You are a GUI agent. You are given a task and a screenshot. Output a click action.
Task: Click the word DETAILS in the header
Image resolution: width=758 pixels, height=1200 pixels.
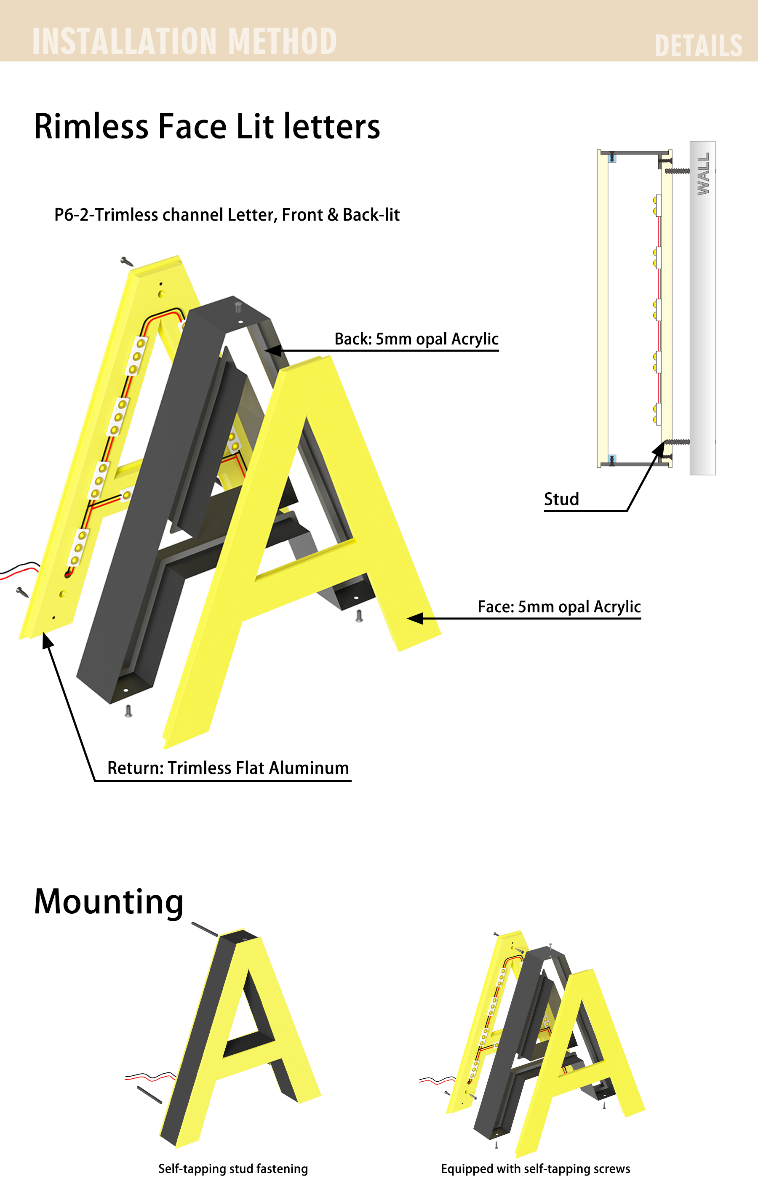point(698,45)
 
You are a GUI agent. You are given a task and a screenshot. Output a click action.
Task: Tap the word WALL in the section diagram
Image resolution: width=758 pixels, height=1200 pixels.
point(703,173)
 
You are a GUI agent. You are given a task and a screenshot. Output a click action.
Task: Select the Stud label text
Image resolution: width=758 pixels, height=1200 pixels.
point(561,499)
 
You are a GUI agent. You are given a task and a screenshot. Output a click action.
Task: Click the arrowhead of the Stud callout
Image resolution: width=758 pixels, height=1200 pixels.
point(659,448)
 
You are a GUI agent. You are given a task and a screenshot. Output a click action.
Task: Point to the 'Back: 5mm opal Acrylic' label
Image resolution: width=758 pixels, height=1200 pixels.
point(416,339)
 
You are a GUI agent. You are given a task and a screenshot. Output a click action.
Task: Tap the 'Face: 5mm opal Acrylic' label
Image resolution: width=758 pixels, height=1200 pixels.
point(559,606)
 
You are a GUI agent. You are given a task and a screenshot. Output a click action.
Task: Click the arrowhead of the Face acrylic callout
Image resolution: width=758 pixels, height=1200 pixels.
point(415,619)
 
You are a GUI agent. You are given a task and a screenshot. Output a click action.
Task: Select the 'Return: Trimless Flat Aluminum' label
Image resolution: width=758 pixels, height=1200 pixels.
point(228,768)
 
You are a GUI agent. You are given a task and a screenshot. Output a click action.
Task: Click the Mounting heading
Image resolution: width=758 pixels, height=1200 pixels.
point(109,901)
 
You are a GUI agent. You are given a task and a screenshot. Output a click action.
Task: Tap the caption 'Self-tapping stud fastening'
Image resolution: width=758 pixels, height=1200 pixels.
point(233,1168)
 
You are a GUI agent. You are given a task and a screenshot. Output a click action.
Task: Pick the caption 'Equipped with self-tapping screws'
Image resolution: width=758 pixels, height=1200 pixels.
point(535,1168)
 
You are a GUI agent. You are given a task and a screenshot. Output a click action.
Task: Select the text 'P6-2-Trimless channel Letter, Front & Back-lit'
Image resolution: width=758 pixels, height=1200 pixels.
point(227,215)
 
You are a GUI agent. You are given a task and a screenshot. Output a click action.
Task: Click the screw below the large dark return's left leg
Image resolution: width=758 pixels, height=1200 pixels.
point(128,711)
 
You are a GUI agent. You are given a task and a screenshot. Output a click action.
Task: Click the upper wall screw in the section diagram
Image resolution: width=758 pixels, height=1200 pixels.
point(677,171)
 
